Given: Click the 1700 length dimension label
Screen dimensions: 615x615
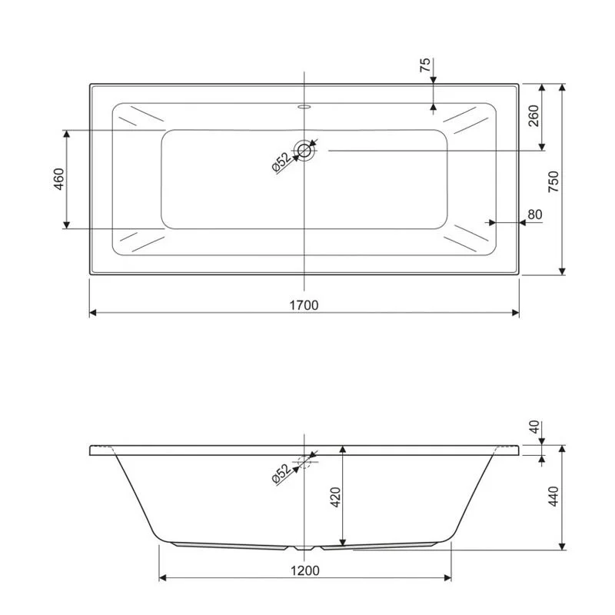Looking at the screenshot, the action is point(304,304).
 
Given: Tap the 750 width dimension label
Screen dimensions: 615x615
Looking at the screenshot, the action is point(553,181).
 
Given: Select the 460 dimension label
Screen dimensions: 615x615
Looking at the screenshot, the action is point(59,179).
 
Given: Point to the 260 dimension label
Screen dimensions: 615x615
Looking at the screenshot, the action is point(534,116).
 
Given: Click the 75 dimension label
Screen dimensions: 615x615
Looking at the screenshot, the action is point(425,65).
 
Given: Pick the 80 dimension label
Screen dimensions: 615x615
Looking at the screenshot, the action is point(535,214).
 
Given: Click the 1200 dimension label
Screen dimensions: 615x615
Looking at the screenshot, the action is point(305,570).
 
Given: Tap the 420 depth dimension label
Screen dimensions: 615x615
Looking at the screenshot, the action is point(336,497).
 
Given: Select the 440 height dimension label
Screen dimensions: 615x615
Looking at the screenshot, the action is point(553,496).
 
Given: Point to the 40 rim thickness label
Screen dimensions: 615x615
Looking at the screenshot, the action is point(534,427).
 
